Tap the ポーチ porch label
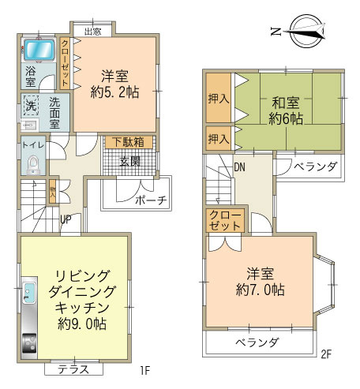pyautogui.click(x=150, y=200)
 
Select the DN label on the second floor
pyautogui.click(x=240, y=167)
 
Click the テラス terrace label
pyautogui.click(x=73, y=369)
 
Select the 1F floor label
pyautogui.click(x=145, y=369)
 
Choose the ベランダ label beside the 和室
pyautogui.click(x=316, y=167)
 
